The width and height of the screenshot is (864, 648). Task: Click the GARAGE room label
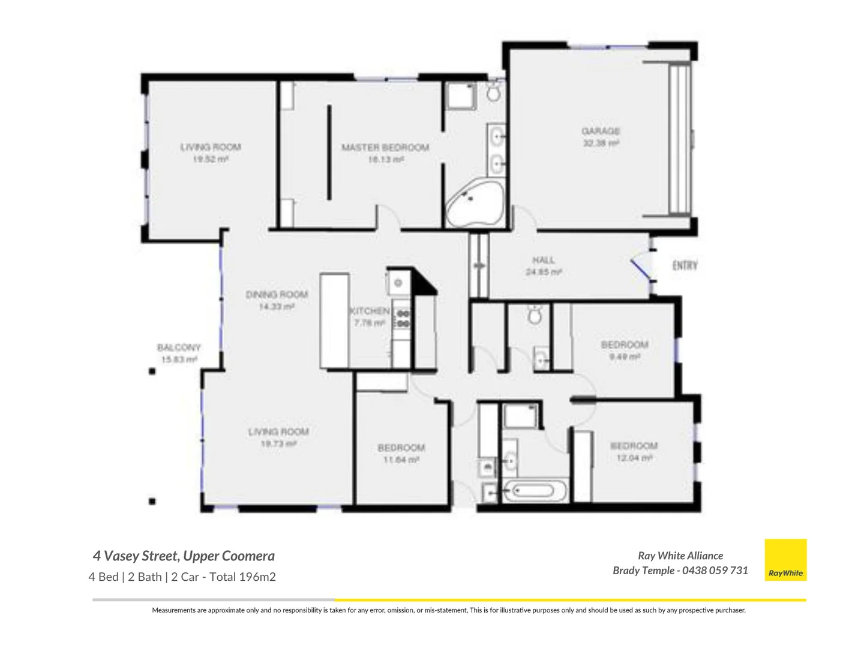(601, 131)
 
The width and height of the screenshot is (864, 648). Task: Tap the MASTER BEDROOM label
(385, 147)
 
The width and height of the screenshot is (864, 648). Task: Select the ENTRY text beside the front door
(685, 265)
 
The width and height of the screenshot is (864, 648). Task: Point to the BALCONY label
(179, 347)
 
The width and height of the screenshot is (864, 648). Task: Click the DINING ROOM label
(277, 295)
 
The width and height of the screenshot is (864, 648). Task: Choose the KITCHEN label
(370, 311)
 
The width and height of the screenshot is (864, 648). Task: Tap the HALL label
(544, 260)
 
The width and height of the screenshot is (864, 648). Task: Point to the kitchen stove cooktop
(403, 319)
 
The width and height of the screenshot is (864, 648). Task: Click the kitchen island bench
(334, 320)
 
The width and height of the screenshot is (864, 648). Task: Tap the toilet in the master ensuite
(493, 92)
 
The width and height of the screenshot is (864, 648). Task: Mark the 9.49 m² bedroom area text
(625, 356)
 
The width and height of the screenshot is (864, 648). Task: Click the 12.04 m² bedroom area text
(634, 458)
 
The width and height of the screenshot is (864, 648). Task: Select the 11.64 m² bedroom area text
(401, 460)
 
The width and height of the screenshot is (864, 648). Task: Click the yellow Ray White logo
(785, 560)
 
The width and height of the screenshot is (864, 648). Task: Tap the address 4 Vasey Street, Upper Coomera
(184, 556)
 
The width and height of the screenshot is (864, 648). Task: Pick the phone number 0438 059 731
(715, 571)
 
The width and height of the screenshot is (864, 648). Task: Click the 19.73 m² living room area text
(278, 444)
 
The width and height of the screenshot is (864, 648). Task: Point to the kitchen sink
(397, 282)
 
